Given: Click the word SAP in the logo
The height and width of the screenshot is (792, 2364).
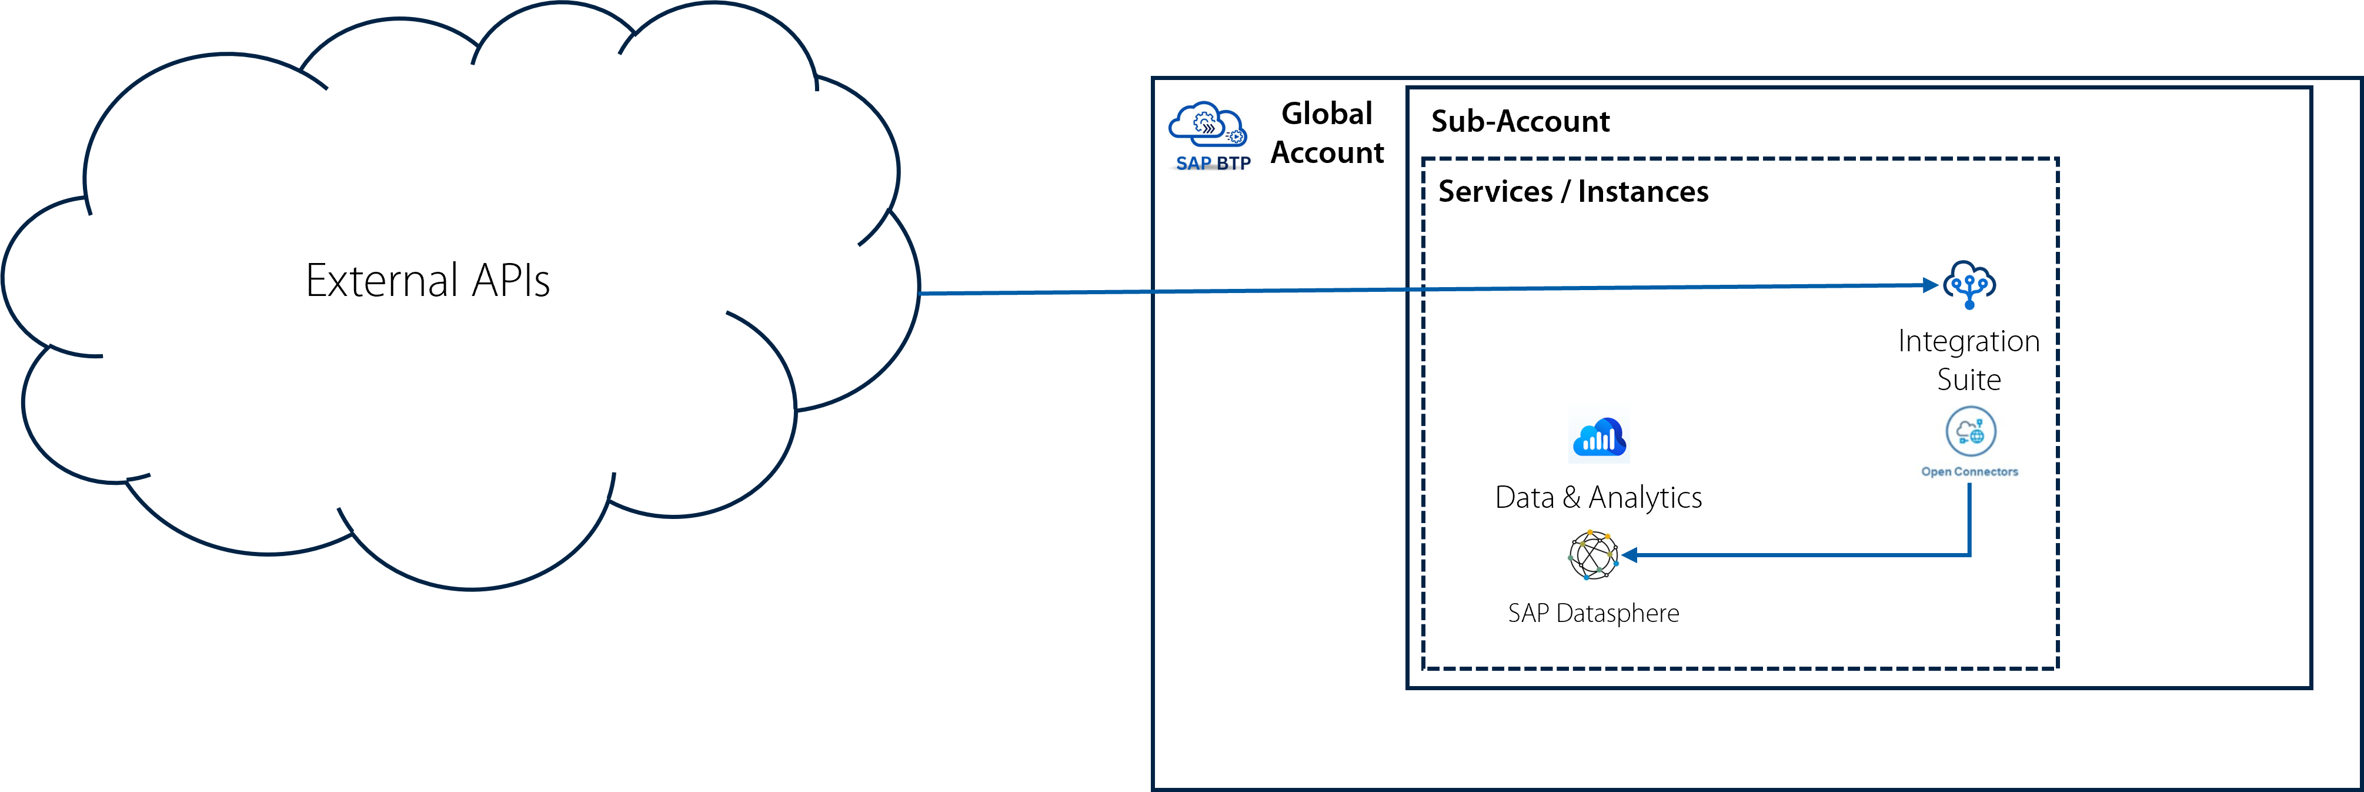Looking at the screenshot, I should (x=1193, y=164).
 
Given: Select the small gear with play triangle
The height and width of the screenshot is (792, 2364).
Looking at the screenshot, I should (x=1236, y=137).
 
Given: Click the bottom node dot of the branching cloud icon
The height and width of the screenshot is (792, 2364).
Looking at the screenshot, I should (x=1969, y=305).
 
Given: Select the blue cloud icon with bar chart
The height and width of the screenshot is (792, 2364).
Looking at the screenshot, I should (x=1598, y=434).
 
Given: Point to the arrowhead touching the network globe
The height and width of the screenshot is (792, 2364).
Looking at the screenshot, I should (x=1629, y=555).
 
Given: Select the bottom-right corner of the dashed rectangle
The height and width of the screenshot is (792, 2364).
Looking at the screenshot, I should (x=2058, y=668).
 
